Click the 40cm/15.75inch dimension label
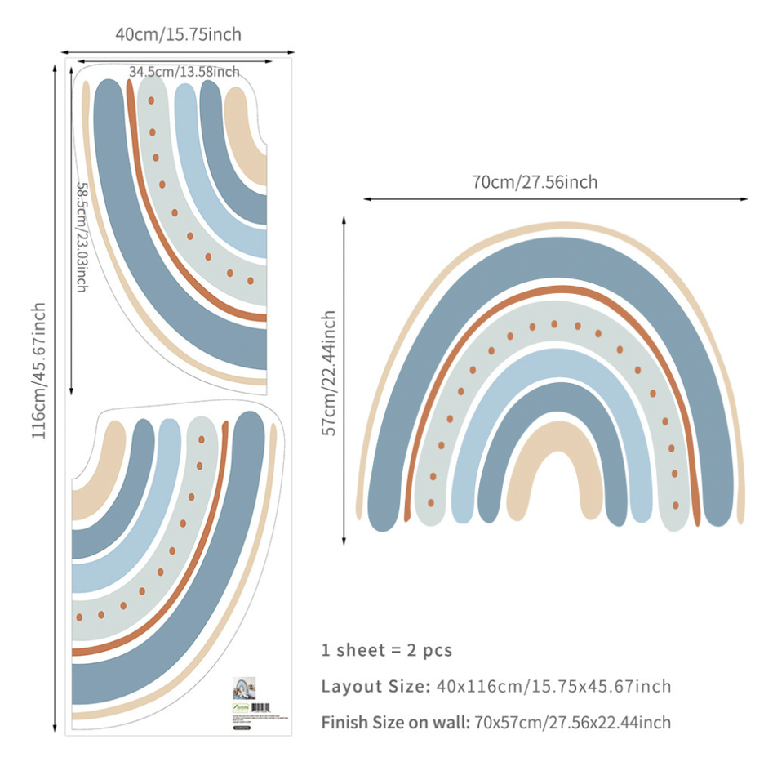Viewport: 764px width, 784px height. (178, 34)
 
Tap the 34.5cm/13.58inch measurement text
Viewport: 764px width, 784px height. (184, 72)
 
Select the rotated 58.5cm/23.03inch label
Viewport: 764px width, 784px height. (82, 237)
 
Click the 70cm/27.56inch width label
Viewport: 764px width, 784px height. (535, 182)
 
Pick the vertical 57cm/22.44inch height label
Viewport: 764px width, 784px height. (329, 372)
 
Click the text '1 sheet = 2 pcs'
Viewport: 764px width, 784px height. (386, 650)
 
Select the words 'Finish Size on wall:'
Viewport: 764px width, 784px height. (395, 722)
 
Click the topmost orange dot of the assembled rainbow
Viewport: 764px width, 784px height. (554, 324)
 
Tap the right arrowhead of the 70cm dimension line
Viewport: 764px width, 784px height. (744, 198)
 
